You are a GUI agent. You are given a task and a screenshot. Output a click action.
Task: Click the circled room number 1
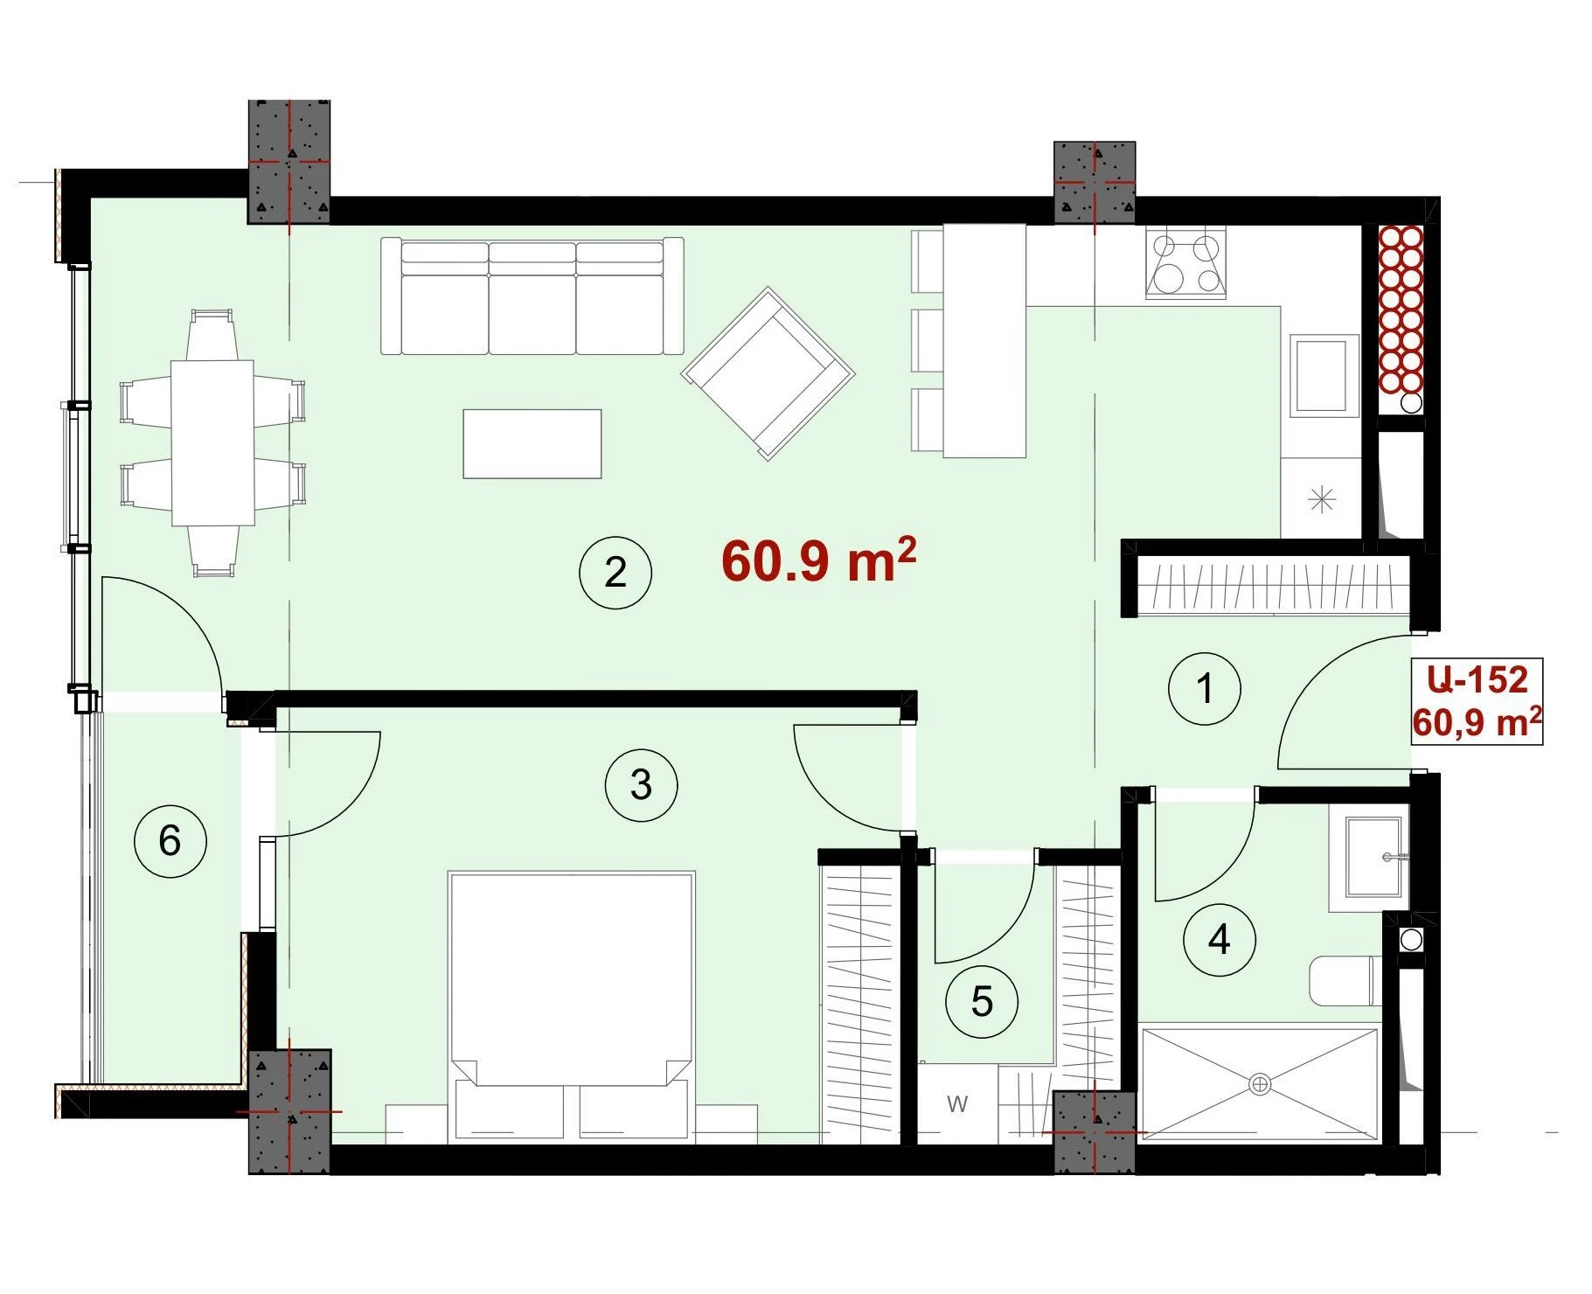pos(1204,688)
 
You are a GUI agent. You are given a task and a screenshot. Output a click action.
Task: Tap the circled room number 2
pos(615,573)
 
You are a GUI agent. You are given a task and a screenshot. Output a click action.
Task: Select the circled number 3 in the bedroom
pos(641,785)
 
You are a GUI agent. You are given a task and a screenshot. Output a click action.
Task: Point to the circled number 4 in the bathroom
pos(1219,940)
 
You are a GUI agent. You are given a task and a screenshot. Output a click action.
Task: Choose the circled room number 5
pos(982,1001)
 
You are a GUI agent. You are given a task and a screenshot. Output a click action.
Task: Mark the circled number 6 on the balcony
pos(170,841)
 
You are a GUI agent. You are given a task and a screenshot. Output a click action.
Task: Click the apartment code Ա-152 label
pos(1477,679)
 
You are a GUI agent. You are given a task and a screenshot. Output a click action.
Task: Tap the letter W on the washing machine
pos(957,1104)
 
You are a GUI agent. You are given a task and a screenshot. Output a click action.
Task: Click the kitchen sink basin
pos(1320,375)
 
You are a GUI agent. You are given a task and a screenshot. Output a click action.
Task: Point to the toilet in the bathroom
pos(1345,981)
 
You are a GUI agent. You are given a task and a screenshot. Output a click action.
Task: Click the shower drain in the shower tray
pos(1260,1084)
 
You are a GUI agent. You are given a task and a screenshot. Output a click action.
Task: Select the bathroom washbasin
pos(1369,858)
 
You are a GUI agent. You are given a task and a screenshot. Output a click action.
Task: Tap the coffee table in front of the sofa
pos(532,444)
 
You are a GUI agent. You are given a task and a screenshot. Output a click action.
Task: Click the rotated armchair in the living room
pos(768,373)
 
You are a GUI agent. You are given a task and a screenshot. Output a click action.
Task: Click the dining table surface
pos(212,442)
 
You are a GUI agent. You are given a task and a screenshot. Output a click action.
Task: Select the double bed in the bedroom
pos(571,1006)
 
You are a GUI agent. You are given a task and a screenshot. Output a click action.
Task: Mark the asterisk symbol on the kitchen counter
pos(1321,500)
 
